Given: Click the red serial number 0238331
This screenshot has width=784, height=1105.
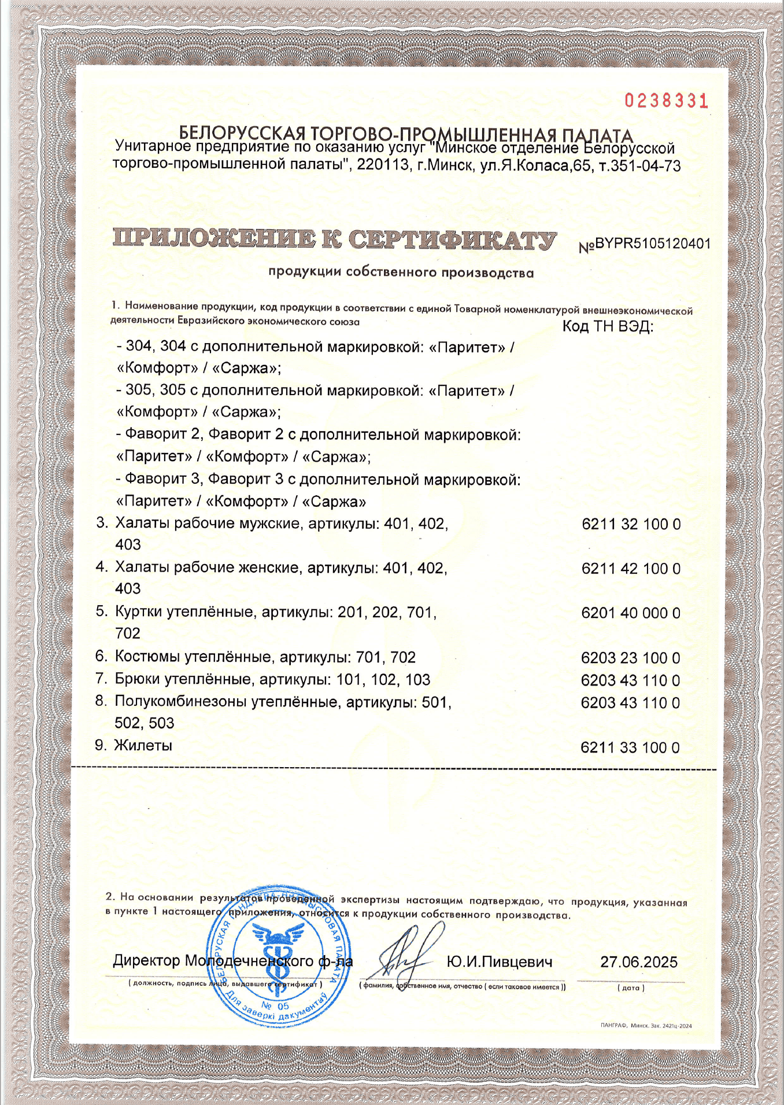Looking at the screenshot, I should [666, 101].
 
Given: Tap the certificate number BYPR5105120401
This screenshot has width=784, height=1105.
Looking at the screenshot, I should [652, 244].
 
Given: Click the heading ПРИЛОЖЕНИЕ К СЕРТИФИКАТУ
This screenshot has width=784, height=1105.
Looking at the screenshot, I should [334, 238].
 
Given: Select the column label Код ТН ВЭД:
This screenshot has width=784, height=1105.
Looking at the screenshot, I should [608, 327].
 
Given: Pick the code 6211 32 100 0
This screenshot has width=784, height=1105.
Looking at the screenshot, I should [631, 525].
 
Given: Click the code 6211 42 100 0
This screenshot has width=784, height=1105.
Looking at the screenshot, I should [631, 569].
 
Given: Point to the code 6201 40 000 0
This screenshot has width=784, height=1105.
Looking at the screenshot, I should [631, 613].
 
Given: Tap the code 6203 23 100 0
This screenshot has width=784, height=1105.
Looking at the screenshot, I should [630, 658].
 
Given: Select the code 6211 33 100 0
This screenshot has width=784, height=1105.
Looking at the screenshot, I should [630, 747].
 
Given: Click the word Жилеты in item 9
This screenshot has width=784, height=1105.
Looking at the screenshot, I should [143, 746].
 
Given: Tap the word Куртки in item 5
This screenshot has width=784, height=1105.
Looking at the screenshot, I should [138, 612].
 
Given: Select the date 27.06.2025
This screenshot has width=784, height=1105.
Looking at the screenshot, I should [638, 962].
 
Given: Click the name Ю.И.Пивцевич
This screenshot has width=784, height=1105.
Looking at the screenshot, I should [499, 962].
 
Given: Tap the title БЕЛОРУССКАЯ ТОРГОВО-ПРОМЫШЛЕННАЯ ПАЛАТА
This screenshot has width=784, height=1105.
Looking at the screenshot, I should [406, 135].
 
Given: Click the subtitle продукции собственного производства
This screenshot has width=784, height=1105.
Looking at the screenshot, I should [401, 272].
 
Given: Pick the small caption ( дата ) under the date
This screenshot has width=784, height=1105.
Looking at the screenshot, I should [631, 988].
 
